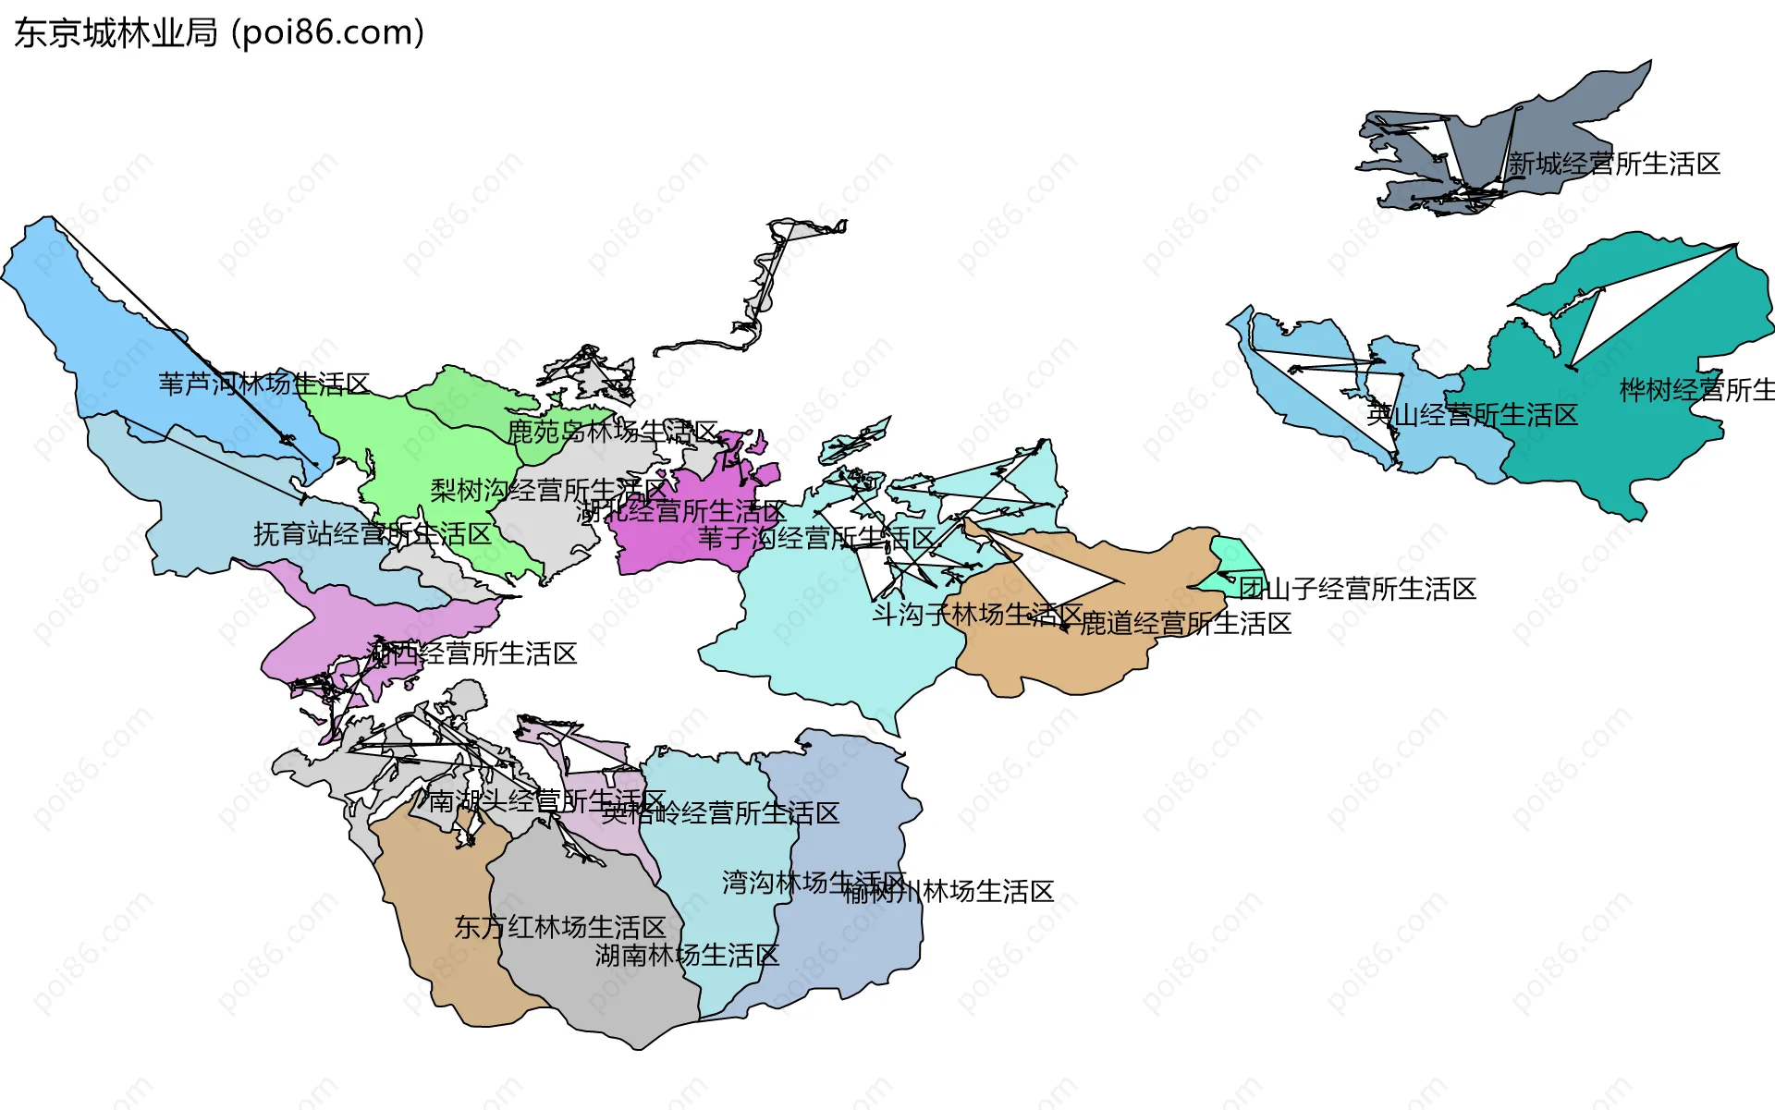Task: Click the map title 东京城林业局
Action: (116, 33)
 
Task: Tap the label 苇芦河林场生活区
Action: (264, 384)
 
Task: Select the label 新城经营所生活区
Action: (1614, 165)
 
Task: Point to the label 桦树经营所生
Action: (1696, 390)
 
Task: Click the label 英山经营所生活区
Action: (1472, 415)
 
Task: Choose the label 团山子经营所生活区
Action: (1357, 589)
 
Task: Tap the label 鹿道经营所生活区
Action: (1185, 624)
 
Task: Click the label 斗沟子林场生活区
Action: (977, 614)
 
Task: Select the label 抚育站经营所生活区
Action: (373, 533)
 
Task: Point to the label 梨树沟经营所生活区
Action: (548, 490)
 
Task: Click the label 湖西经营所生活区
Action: (472, 653)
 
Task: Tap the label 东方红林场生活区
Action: (559, 927)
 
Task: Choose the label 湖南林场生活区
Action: (687, 955)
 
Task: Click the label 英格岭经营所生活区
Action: (721, 813)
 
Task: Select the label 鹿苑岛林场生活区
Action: (612, 432)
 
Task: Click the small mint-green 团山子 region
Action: (1233, 560)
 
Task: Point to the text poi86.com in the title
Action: (327, 33)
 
